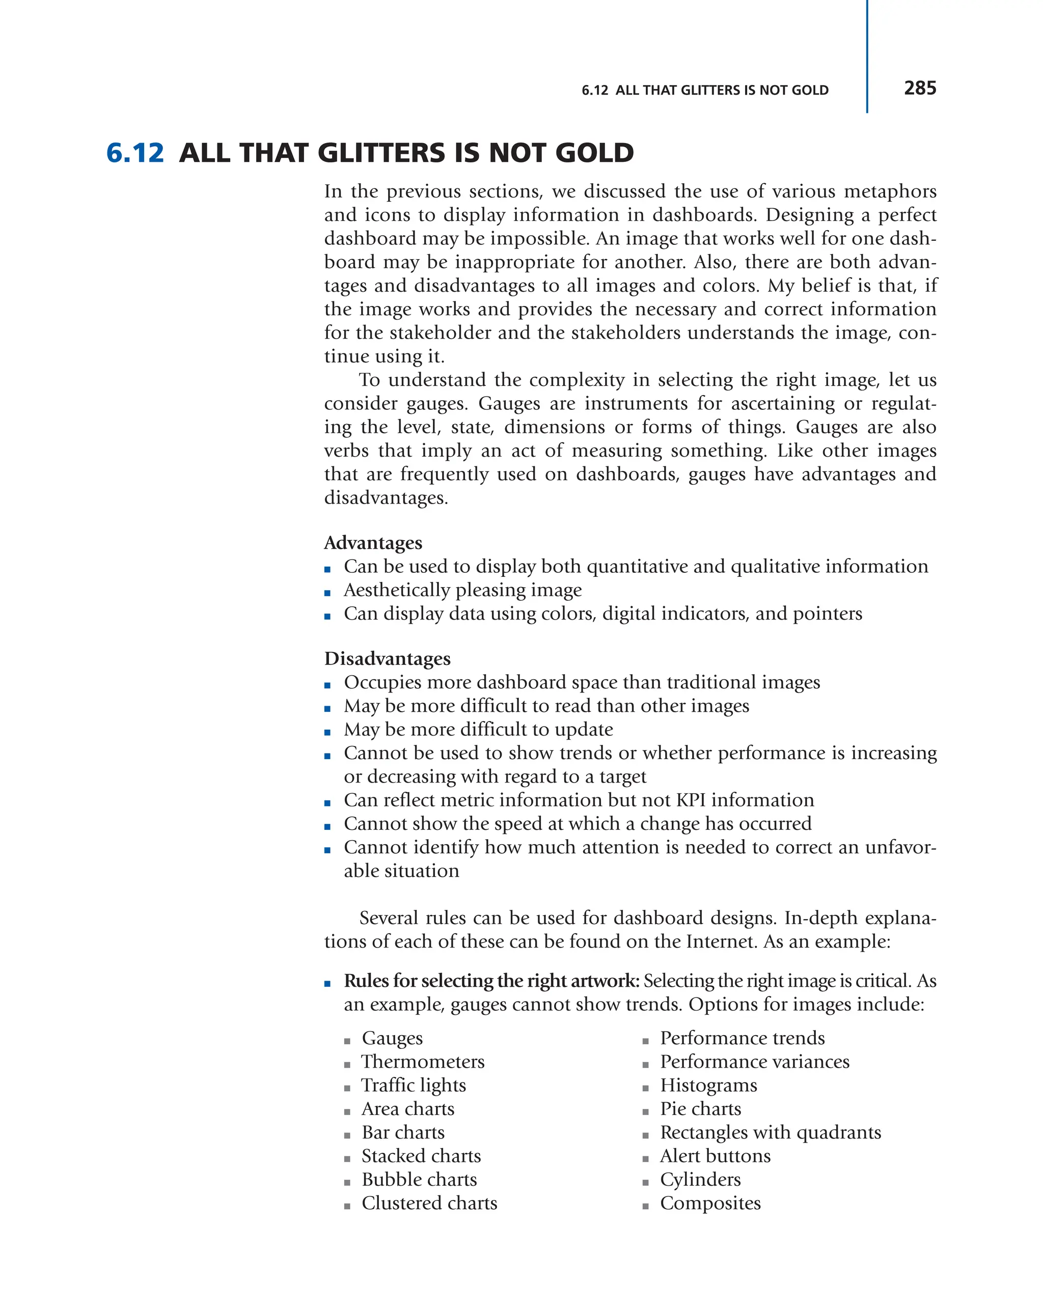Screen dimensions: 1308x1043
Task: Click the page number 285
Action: pyautogui.click(x=919, y=88)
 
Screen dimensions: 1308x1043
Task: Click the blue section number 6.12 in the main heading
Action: pyautogui.click(x=134, y=153)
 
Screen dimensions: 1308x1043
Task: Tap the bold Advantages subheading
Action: pyautogui.click(x=373, y=542)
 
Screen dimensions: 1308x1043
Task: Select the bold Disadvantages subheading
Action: pyautogui.click(x=387, y=658)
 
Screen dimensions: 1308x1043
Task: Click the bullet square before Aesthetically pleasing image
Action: pyautogui.click(x=327, y=593)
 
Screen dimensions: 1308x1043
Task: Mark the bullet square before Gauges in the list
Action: pyautogui.click(x=347, y=1041)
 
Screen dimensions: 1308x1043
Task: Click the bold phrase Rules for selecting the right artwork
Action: pyautogui.click(x=491, y=981)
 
